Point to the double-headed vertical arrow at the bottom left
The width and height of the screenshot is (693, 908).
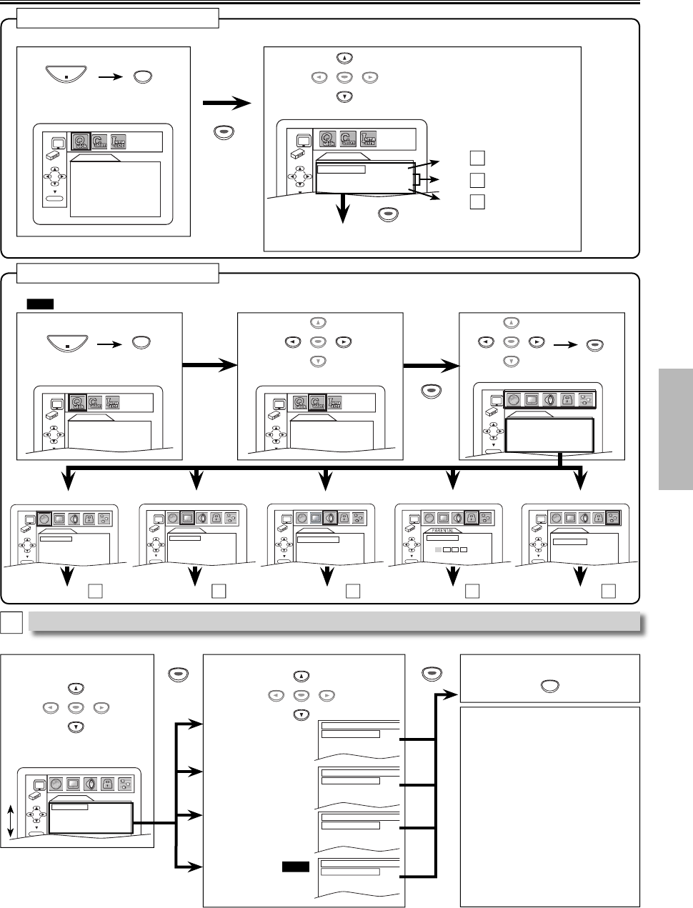[x=11, y=821]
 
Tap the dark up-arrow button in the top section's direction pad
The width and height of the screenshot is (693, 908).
[x=344, y=59]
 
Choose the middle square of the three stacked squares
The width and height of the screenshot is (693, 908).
[x=477, y=179]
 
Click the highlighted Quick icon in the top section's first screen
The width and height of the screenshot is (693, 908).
[x=81, y=141]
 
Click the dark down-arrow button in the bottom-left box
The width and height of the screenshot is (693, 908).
[x=76, y=727]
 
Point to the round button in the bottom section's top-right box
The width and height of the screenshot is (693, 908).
[x=549, y=686]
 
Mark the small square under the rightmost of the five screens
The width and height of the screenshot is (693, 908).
[x=609, y=590]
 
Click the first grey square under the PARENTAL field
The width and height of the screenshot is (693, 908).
[x=437, y=551]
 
